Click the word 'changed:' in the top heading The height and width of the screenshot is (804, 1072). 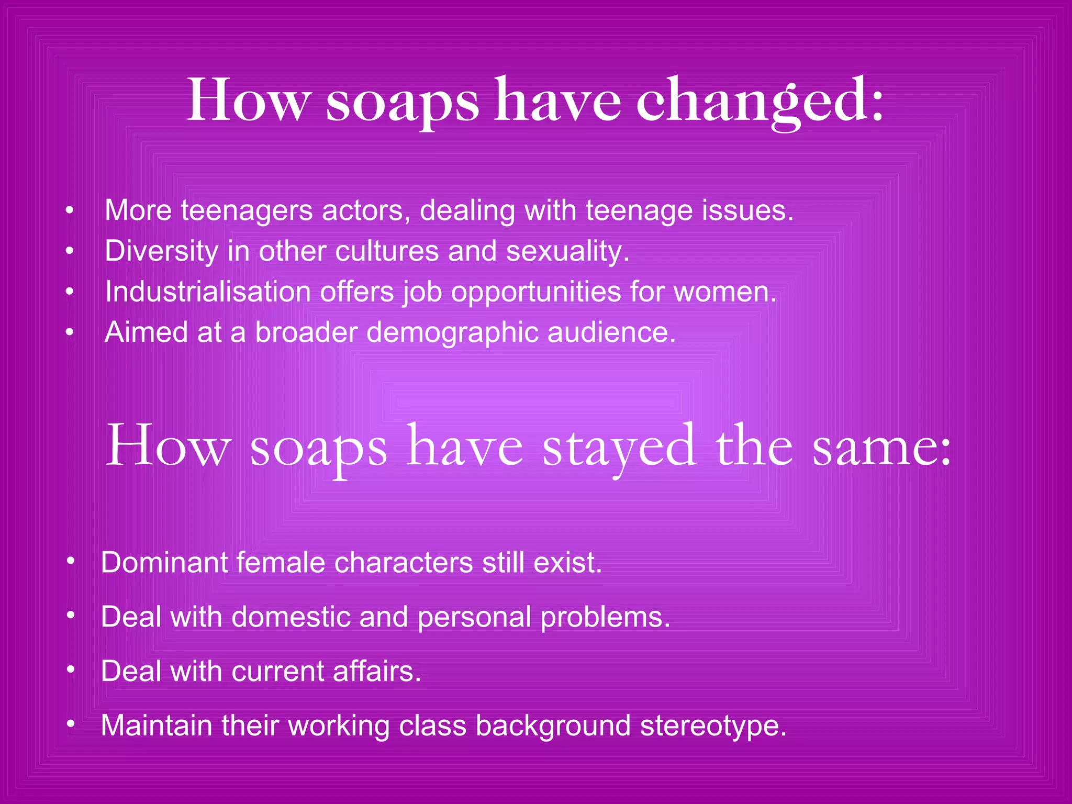click(x=759, y=100)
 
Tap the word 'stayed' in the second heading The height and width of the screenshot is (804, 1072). click(x=619, y=447)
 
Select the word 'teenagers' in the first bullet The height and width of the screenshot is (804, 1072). click(x=247, y=210)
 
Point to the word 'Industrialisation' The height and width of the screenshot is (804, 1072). click(x=208, y=292)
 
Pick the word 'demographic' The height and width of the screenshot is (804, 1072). click(x=452, y=332)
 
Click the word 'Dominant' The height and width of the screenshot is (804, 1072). click(x=164, y=563)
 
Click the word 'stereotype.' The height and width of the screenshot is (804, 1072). click(x=713, y=726)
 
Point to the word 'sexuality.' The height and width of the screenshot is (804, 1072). click(x=567, y=251)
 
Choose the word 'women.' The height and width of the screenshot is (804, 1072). click(x=725, y=292)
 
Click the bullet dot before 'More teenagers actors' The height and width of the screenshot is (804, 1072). click(x=70, y=211)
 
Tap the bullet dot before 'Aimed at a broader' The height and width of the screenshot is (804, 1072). click(x=70, y=333)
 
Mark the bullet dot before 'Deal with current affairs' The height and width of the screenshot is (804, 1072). click(x=71, y=669)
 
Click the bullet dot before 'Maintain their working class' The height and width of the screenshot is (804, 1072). click(x=71, y=724)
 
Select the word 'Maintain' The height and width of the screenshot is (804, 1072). click(x=156, y=725)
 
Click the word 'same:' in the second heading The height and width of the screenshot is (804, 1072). click(x=881, y=447)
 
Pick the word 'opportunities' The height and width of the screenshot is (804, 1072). click(x=535, y=292)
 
